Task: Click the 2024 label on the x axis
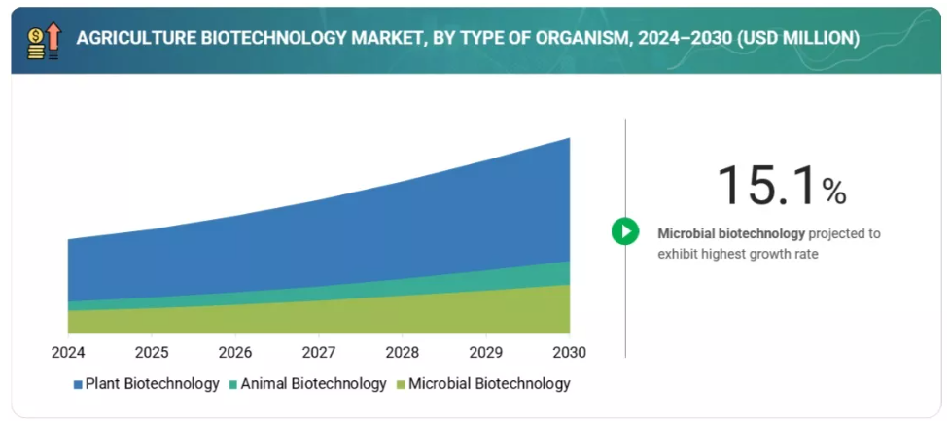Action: [68, 352]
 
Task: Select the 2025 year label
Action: [152, 352]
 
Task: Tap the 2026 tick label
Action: [235, 352]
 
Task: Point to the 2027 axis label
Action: [319, 352]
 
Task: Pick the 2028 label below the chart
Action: [403, 352]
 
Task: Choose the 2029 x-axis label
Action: [486, 352]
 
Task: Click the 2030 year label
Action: [570, 352]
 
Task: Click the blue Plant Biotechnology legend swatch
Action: [77, 385]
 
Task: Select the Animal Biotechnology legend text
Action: [313, 384]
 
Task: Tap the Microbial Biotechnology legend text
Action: [489, 384]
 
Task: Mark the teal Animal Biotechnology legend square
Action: [232, 385]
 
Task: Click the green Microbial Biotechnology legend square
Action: [401, 385]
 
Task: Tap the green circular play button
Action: [624, 231]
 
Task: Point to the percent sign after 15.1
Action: [834, 192]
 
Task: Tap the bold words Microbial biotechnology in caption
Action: [731, 233]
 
